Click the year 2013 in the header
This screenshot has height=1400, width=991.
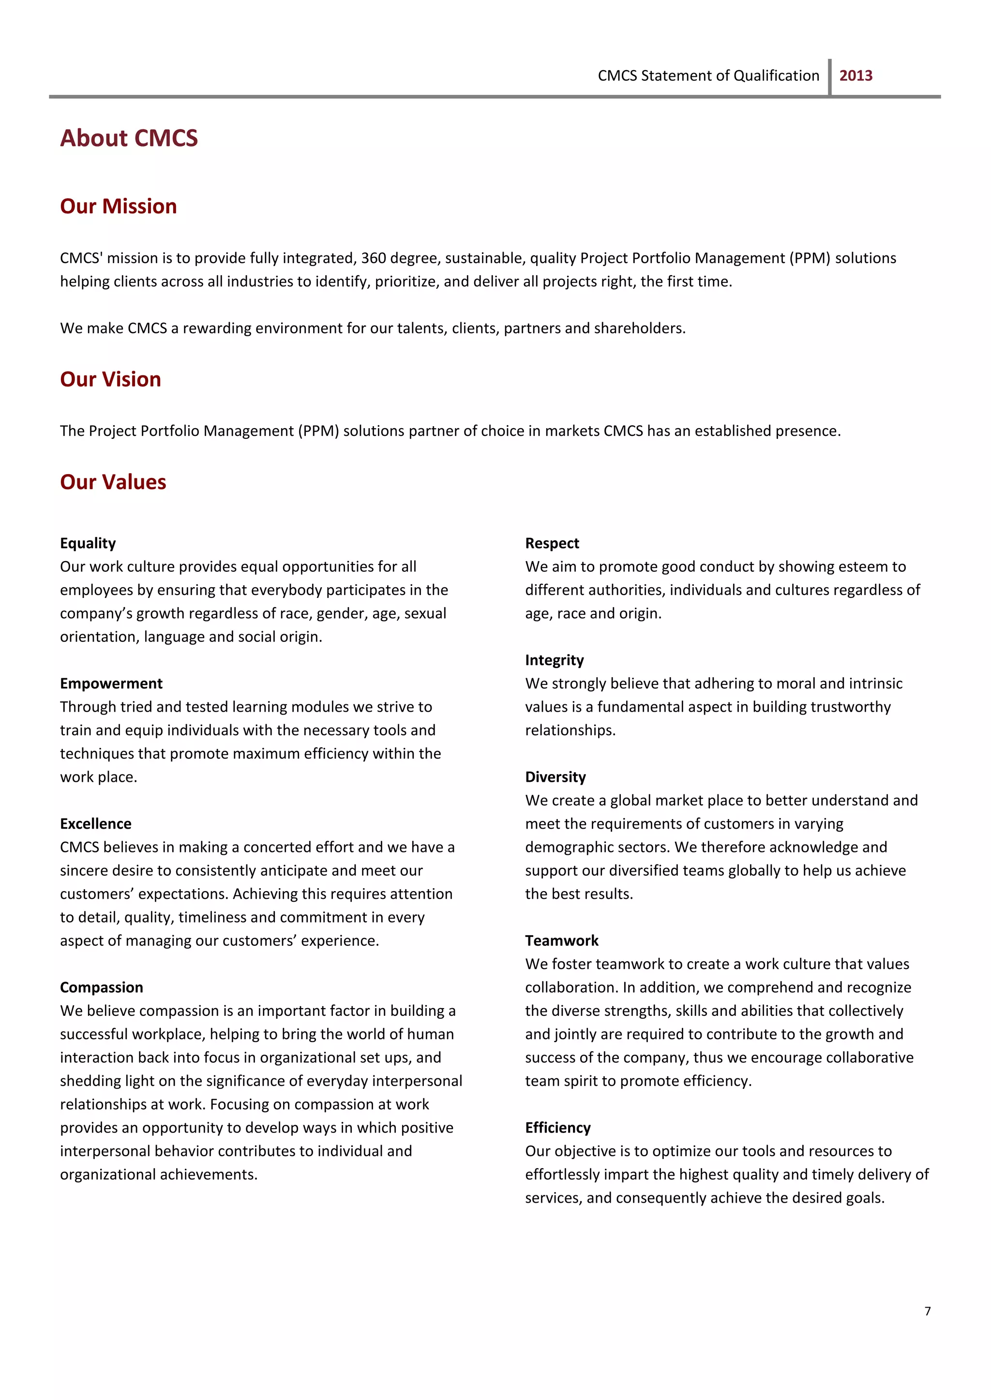coord(856,75)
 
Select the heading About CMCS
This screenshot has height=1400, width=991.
coord(129,138)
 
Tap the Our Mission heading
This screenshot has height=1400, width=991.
coord(119,207)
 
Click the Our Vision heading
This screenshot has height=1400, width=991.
coord(110,379)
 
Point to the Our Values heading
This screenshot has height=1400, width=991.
coord(113,482)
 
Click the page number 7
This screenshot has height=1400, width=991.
coord(928,1311)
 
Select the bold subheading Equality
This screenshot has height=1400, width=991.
coord(88,543)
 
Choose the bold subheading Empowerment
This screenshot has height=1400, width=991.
coord(111,683)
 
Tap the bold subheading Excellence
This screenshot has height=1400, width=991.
coord(96,823)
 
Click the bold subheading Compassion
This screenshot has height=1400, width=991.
coord(101,987)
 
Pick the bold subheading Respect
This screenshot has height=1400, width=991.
coord(552,543)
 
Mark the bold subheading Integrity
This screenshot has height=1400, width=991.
coord(554,660)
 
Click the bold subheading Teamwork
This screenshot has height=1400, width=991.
coord(561,940)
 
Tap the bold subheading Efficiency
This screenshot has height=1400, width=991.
coord(558,1127)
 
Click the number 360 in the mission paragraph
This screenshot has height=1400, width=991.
coord(373,258)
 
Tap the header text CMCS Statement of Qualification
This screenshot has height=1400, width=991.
coord(708,75)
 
